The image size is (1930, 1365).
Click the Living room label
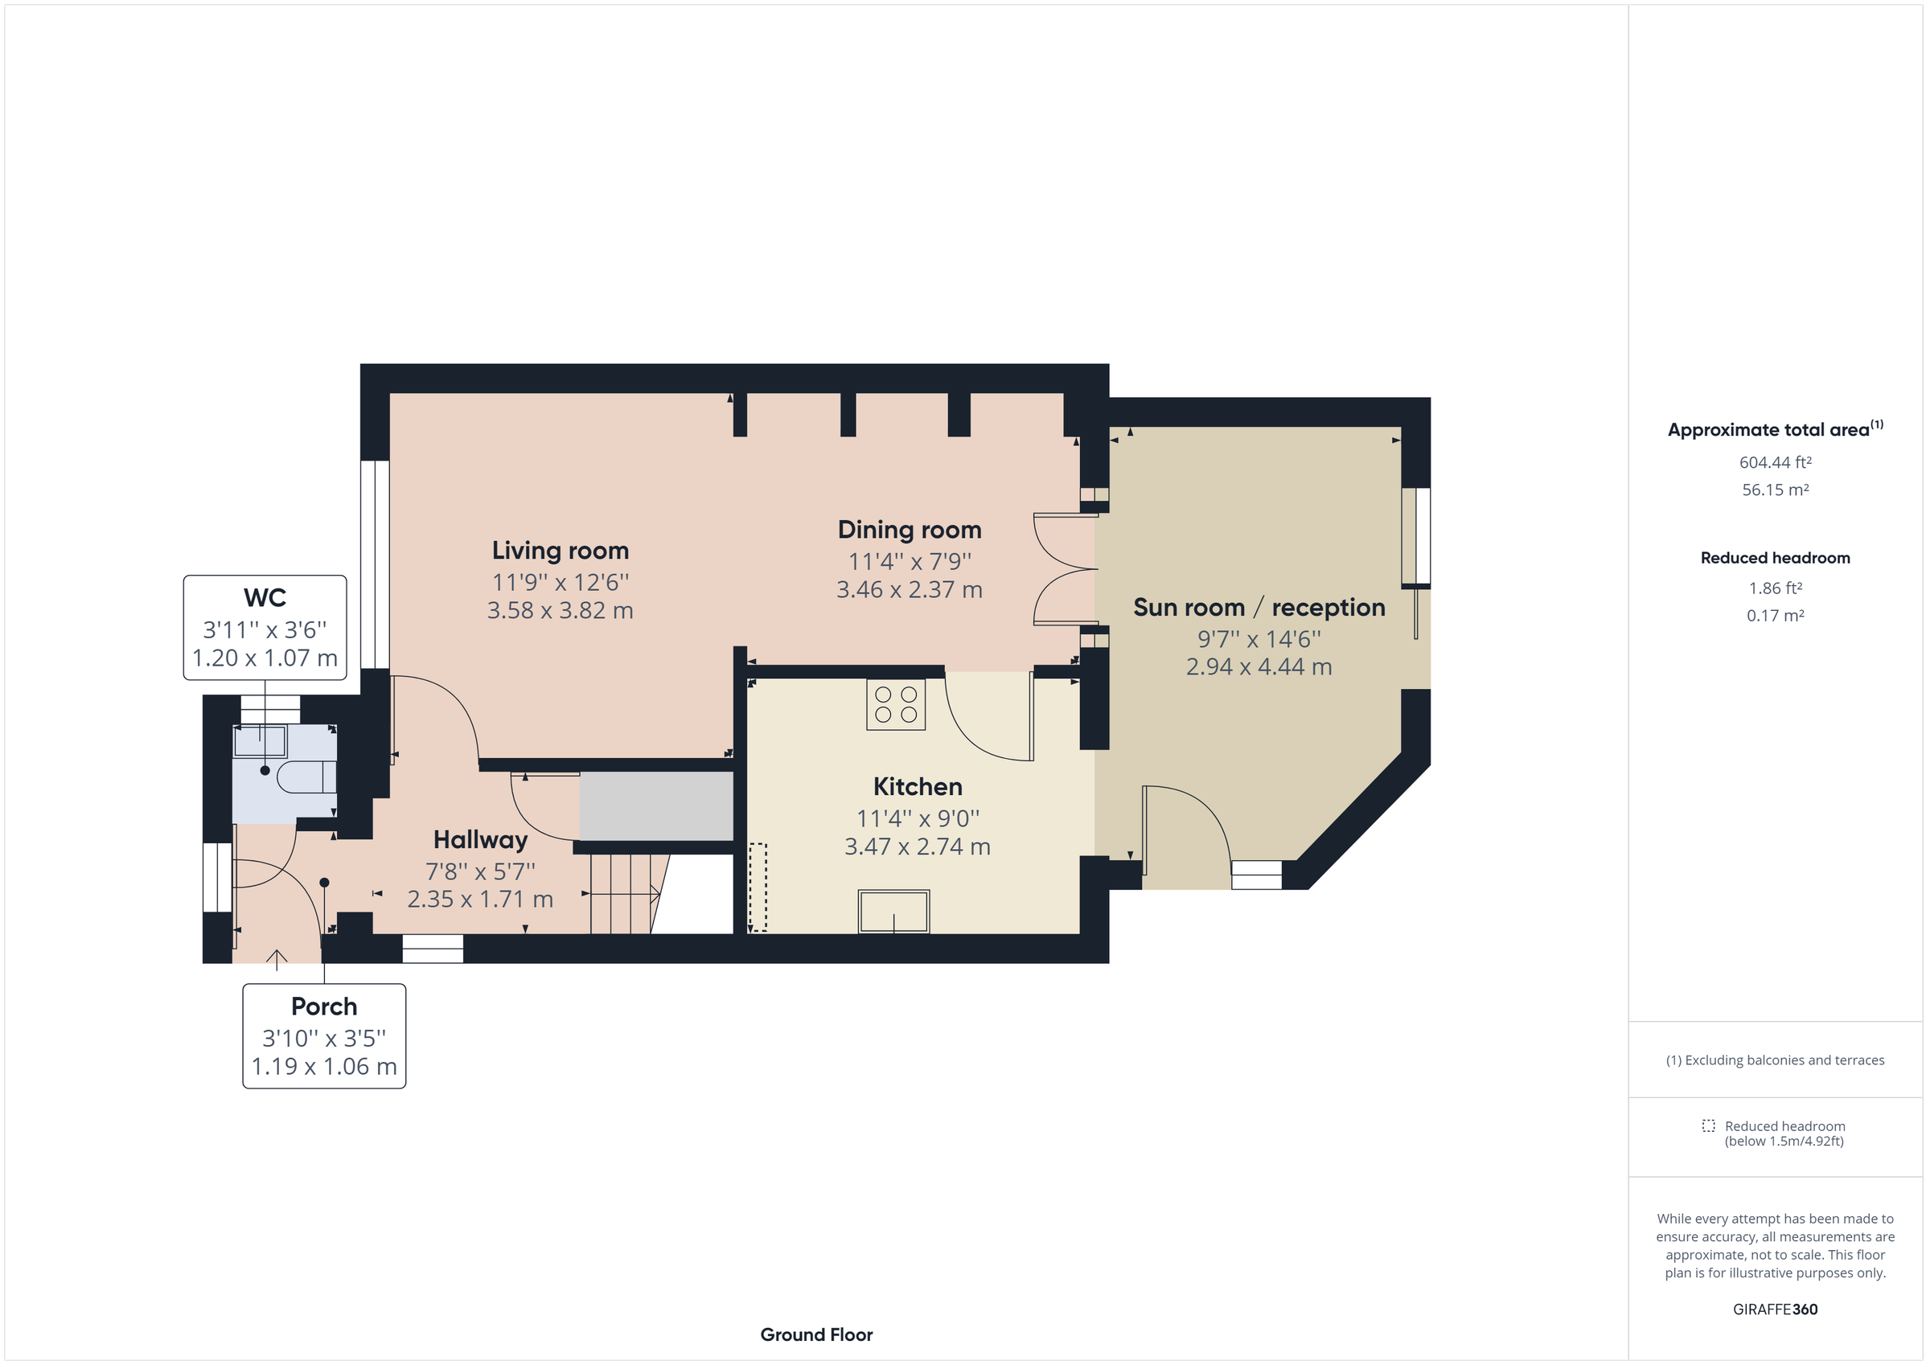560,551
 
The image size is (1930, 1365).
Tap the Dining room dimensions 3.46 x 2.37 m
909,590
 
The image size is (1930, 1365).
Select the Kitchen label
917,787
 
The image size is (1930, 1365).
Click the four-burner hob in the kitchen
895,704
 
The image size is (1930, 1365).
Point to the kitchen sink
893,911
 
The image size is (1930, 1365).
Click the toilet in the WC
308,777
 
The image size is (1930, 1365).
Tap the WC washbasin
260,742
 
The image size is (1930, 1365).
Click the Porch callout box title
323,1006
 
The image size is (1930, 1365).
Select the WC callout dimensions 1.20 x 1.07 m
265,658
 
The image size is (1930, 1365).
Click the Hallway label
480,840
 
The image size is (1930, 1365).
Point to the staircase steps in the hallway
623,894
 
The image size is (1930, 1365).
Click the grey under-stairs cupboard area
655,806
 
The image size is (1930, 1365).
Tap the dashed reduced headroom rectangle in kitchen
758,887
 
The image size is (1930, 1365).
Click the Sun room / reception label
1259,608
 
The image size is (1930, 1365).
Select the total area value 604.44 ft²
1775,462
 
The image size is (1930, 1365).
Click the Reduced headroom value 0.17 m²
1775,615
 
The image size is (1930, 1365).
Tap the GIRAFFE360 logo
1775,1310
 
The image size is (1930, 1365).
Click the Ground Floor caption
815,1334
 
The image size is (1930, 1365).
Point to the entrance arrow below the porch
277,959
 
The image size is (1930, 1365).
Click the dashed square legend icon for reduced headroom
1708,1125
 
